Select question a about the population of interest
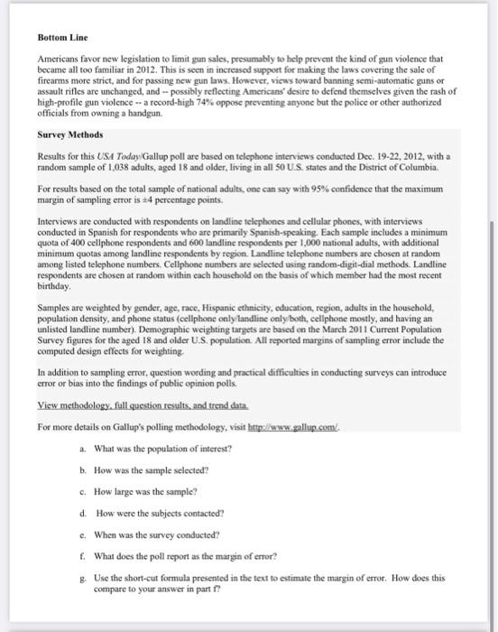pos(162,449)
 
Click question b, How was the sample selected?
pos(158,470)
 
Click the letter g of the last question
pos(83,578)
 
